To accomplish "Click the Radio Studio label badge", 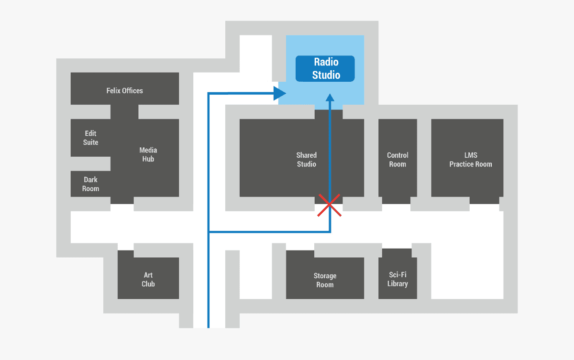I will pyautogui.click(x=325, y=68).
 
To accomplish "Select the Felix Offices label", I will pyautogui.click(x=124, y=90).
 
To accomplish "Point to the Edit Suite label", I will pyautogui.click(x=91, y=138).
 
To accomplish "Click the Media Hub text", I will pyautogui.click(x=148, y=154).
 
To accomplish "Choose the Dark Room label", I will pyautogui.click(x=91, y=184).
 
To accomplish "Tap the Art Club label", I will pyautogui.click(x=148, y=279).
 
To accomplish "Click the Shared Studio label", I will pyautogui.click(x=306, y=160).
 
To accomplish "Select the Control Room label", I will pyautogui.click(x=397, y=160).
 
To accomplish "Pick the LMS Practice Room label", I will pyautogui.click(x=471, y=160).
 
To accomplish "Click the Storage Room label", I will pyautogui.click(x=325, y=280).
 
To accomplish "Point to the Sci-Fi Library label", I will pyautogui.click(x=397, y=279).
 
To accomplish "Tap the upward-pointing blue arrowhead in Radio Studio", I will pyautogui.click(x=330, y=98).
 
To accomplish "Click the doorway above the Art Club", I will pyautogui.click(x=125, y=247).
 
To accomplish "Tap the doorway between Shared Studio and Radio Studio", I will pyautogui.click(x=329, y=114).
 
